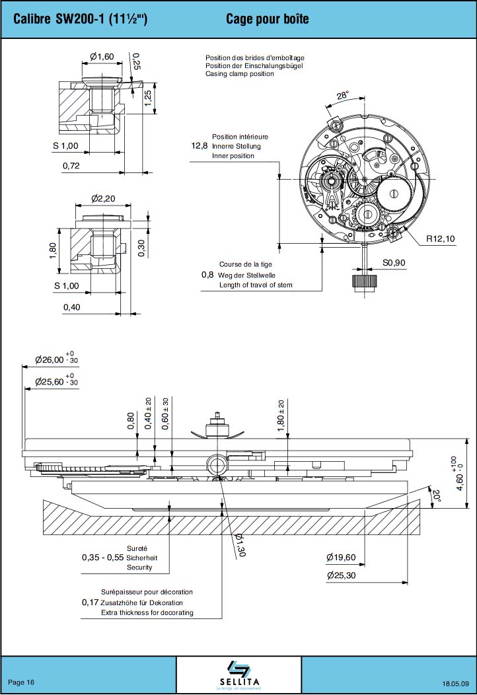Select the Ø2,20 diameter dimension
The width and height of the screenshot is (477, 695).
click(104, 198)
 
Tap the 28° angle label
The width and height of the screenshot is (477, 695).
click(342, 96)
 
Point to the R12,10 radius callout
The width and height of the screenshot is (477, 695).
click(441, 238)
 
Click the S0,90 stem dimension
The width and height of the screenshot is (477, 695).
click(394, 262)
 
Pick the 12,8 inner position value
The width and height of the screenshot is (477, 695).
click(200, 146)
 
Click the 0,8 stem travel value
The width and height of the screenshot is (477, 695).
click(207, 275)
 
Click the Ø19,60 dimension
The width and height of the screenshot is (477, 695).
click(341, 558)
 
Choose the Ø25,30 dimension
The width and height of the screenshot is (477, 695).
click(341, 575)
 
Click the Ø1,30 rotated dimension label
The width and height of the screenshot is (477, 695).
click(239, 546)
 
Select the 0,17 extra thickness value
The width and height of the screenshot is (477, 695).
click(90, 603)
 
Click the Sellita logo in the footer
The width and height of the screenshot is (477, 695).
click(238, 674)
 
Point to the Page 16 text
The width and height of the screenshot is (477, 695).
click(21, 682)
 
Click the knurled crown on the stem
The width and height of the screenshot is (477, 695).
click(364, 282)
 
